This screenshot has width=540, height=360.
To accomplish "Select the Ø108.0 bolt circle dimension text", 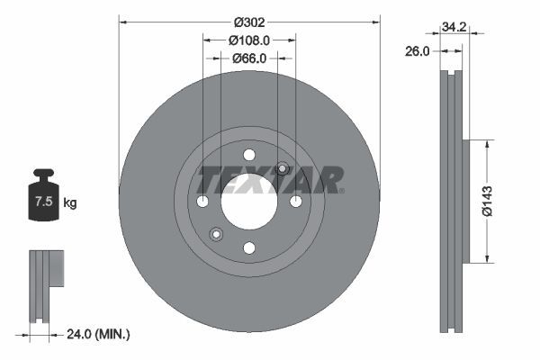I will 249,40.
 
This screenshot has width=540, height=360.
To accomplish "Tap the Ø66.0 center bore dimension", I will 249,58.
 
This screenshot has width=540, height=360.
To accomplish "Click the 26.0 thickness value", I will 417,52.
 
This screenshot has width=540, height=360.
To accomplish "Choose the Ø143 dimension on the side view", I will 487,201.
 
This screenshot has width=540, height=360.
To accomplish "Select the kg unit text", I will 70,203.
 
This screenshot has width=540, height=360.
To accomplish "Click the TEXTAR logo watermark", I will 270,179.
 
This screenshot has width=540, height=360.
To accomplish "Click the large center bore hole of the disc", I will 249,200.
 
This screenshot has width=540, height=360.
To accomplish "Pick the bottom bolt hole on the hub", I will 249,247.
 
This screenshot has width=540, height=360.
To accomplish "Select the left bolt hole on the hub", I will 202,200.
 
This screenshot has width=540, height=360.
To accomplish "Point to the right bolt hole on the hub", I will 296,200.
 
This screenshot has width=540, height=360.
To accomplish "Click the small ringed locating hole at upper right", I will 282,167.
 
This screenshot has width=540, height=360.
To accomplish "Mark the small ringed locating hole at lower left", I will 216,234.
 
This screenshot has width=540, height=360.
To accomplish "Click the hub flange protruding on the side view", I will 467,201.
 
